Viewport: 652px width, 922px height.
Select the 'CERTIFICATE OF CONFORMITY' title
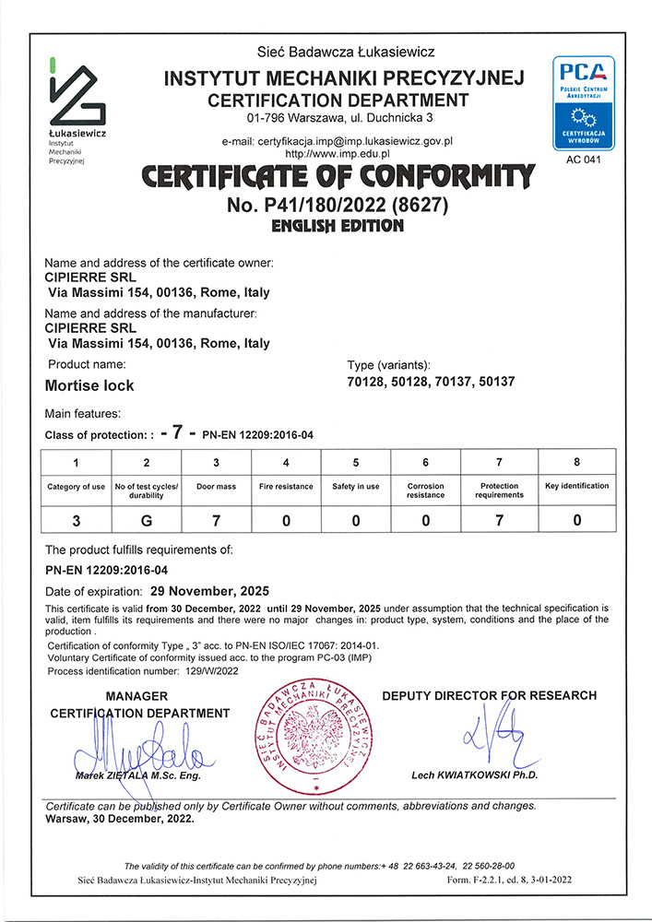coord(325,175)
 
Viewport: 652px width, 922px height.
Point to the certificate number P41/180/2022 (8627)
coord(325,205)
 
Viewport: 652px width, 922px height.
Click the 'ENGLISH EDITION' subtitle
coord(325,226)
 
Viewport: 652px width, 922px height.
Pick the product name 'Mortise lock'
coord(89,385)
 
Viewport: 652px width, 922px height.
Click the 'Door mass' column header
coord(216,486)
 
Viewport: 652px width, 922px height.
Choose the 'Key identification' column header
coord(577,486)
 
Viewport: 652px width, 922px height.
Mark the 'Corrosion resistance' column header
coord(425,491)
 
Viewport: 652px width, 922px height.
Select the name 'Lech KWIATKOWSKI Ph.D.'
coord(474,775)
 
